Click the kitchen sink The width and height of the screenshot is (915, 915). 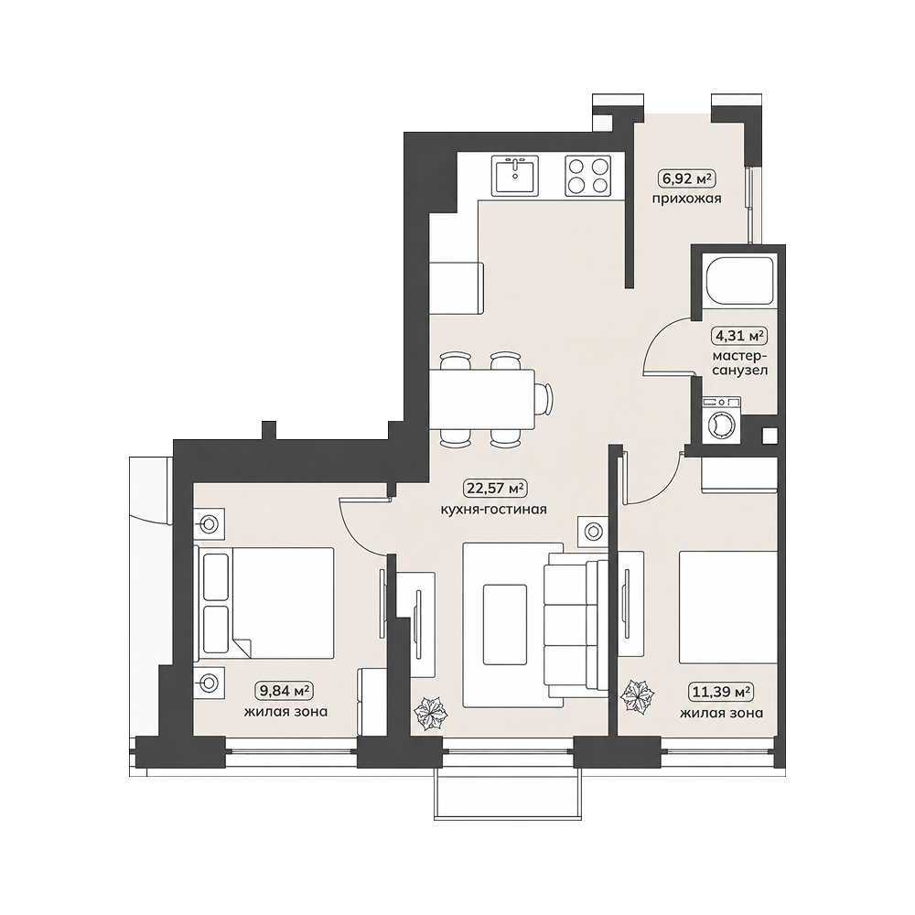click(x=515, y=176)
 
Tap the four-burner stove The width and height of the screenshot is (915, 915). click(x=587, y=176)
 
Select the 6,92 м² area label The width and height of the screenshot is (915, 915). click(x=687, y=177)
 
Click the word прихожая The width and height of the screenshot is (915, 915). click(x=687, y=199)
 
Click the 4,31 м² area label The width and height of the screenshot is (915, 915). click(x=738, y=336)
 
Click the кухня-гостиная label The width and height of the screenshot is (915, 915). click(x=494, y=510)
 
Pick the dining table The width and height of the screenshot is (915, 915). click(x=482, y=399)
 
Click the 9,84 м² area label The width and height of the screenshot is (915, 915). click(x=285, y=691)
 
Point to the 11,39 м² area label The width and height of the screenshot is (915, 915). click(x=721, y=692)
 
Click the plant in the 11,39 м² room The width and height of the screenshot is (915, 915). click(x=637, y=696)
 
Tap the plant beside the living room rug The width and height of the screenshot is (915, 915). click(x=430, y=713)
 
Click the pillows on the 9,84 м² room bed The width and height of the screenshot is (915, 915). click(x=215, y=604)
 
